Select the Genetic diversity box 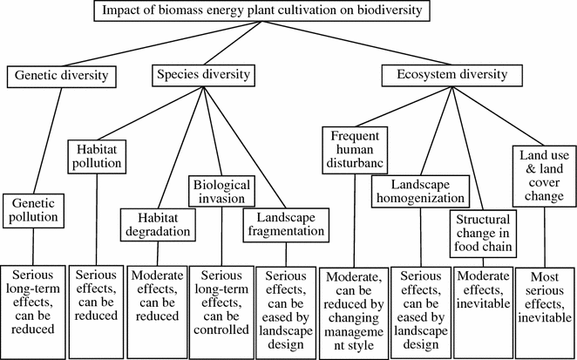click(x=62, y=76)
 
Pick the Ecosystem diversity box click(x=445, y=76)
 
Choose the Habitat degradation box click(x=156, y=225)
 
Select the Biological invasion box click(x=220, y=193)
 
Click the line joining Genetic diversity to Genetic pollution click(x=47, y=139)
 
